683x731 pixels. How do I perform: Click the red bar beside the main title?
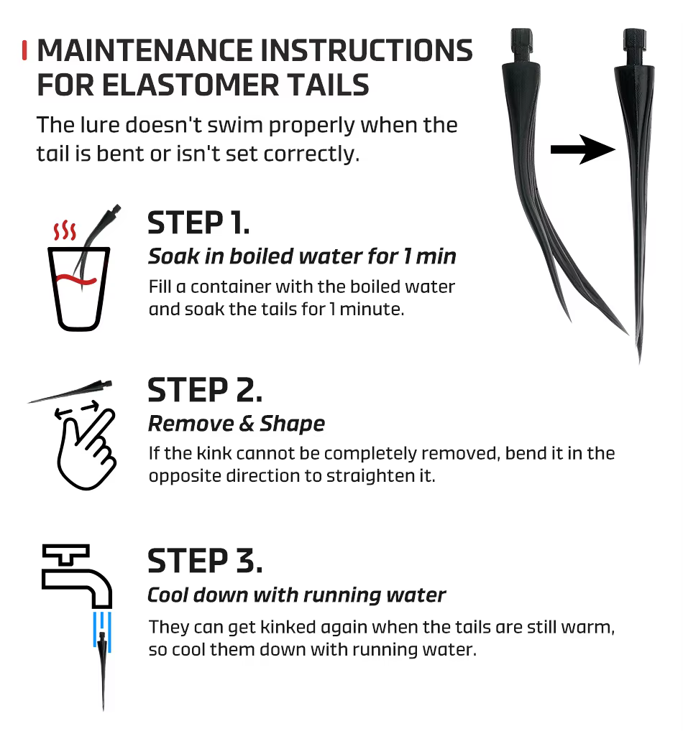pos(24,50)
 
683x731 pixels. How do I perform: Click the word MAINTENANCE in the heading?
pos(145,50)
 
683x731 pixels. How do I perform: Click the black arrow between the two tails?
pos(583,149)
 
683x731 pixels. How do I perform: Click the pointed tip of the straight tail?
pos(639,363)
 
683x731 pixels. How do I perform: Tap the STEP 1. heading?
pos(198,223)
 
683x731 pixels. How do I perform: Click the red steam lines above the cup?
pos(65,231)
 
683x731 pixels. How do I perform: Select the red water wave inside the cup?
pos(76,280)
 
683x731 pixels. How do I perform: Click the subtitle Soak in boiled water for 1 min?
pos(302,256)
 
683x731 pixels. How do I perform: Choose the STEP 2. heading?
pos(205,390)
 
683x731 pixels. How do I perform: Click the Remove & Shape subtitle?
pos(237,424)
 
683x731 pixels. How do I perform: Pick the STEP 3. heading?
pos(205,561)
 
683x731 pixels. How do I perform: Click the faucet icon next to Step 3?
pos(77,576)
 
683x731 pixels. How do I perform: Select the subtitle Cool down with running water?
pos(296,595)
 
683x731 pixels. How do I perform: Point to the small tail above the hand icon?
pos(70,391)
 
